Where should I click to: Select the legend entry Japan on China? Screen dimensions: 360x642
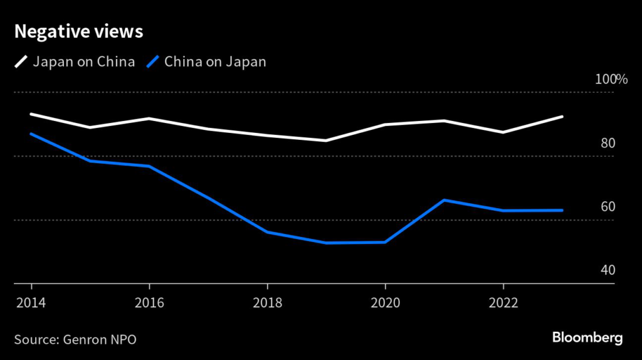(83, 61)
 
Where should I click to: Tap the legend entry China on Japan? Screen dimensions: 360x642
(215, 61)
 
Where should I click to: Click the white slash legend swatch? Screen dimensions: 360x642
(21, 61)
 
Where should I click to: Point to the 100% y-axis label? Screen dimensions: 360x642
(611, 80)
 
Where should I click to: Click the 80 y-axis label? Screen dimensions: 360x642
(608, 143)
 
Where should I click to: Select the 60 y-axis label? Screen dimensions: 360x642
(608, 207)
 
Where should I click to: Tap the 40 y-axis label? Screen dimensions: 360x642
(608, 270)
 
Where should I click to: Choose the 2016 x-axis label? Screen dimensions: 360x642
(149, 304)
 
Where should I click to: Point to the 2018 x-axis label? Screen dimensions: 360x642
(267, 304)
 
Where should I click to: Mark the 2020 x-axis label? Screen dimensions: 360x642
(385, 304)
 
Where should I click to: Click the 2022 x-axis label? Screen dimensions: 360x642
(503, 304)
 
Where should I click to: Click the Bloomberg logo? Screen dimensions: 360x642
(587, 337)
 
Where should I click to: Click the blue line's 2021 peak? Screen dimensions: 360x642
(444, 200)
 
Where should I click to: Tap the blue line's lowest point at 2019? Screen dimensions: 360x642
(326, 243)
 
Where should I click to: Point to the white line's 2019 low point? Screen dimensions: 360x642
(326, 140)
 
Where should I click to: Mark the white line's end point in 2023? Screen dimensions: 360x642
(562, 117)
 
